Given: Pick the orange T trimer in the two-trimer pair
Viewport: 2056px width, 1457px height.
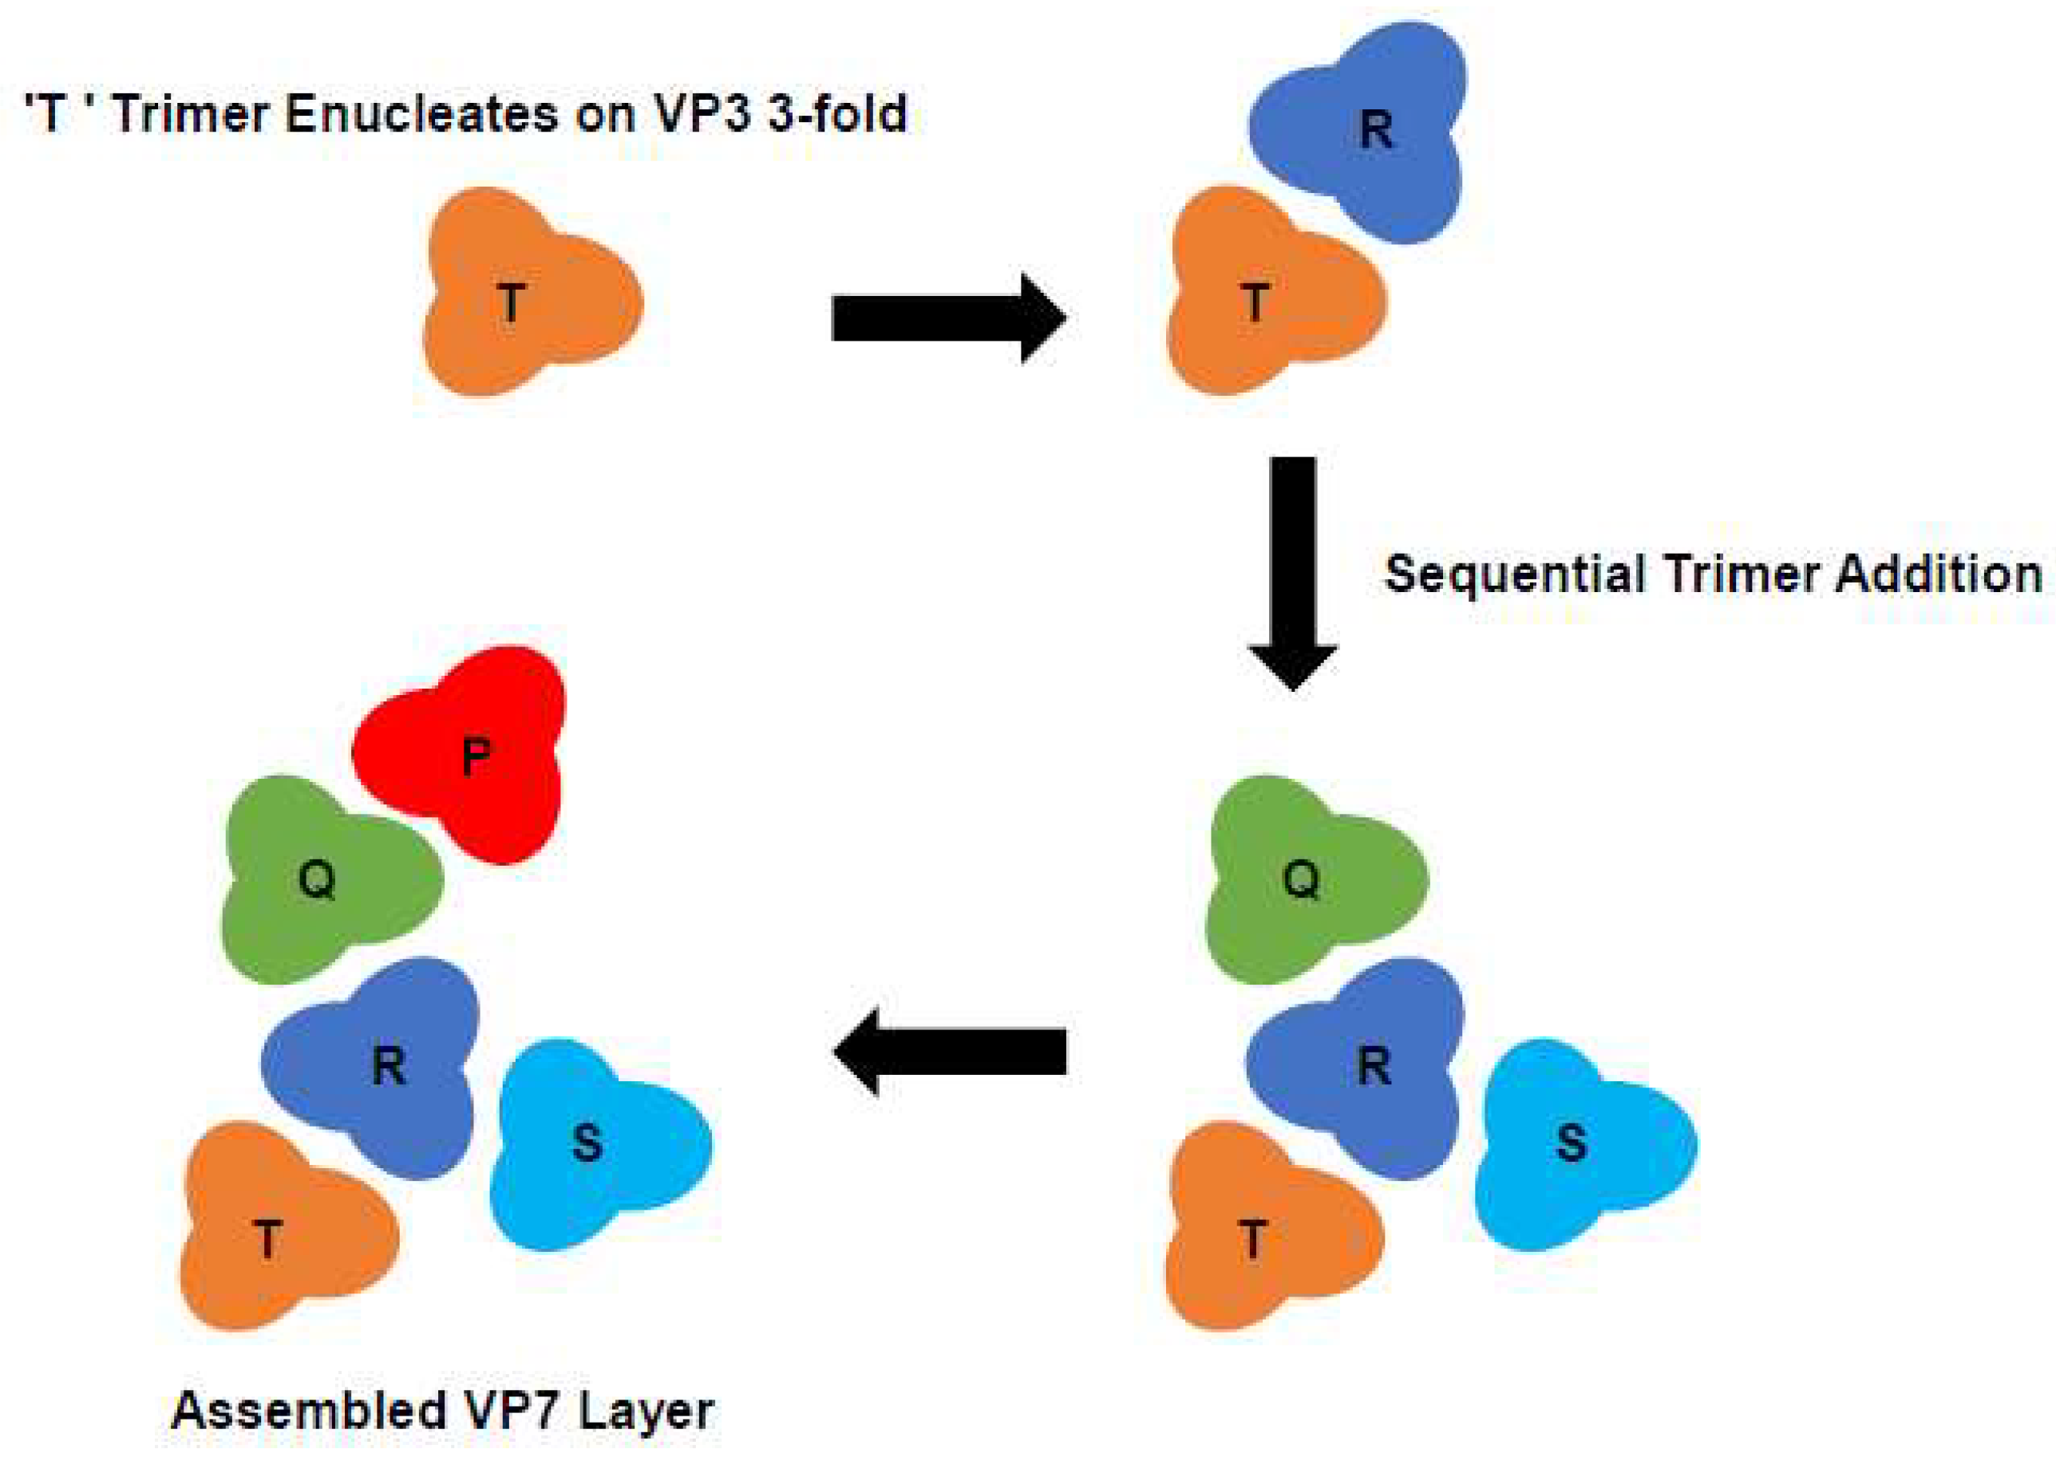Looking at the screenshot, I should point(1265,296).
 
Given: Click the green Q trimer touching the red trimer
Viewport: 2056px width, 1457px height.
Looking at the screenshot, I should point(323,879).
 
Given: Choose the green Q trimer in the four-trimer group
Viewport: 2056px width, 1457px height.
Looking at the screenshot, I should point(1311,879).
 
